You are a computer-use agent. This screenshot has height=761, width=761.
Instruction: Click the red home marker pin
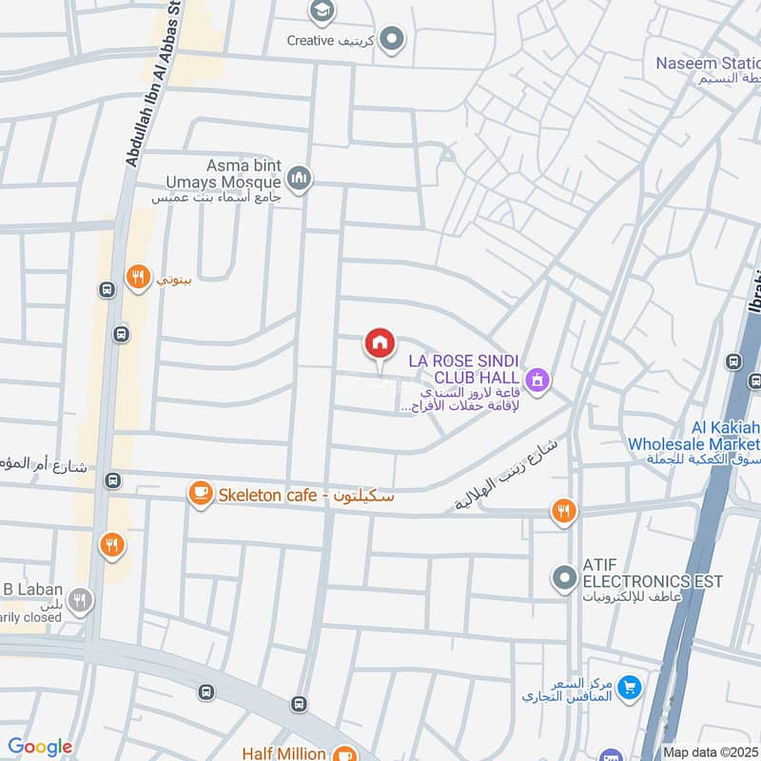380,344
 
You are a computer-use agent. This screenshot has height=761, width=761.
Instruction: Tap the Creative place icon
392,40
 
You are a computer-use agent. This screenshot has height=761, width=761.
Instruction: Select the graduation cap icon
322,11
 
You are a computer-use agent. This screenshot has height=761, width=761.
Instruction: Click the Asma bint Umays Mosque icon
300,180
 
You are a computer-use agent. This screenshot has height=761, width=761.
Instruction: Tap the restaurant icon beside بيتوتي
139,278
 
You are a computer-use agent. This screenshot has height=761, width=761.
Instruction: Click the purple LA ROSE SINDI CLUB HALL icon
539,380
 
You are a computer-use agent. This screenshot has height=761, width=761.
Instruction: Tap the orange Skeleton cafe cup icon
200,494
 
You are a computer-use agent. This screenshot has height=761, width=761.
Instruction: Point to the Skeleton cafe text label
304,496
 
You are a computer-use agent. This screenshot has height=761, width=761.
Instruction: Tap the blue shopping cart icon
628,687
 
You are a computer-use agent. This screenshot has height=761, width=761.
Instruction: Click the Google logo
39,747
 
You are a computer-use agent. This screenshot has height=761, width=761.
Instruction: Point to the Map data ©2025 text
711,752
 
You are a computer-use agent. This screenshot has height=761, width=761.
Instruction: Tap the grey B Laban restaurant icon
81,601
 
